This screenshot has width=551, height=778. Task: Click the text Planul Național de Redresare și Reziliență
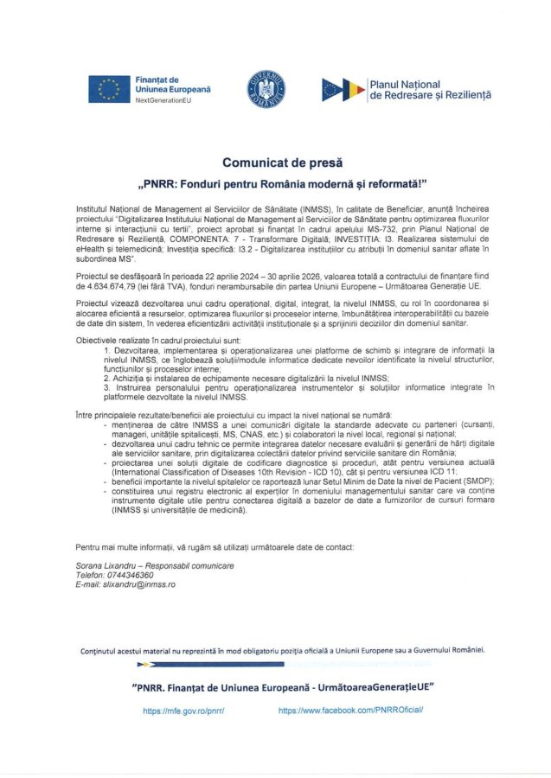(429, 88)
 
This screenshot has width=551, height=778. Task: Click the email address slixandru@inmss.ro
(142, 584)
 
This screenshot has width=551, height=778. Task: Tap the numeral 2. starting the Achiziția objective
(106, 379)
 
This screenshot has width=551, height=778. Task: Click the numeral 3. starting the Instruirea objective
(106, 387)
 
